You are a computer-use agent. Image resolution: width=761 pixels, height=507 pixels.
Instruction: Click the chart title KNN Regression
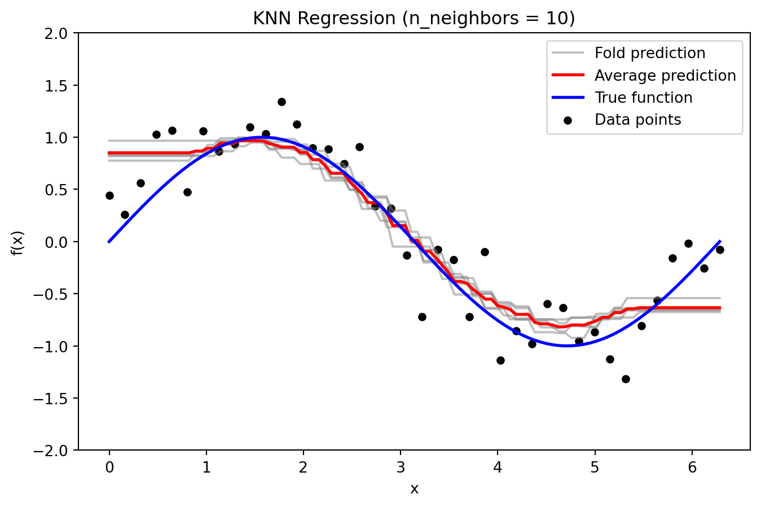click(x=414, y=19)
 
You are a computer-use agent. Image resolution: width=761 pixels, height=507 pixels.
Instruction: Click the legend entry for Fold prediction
click(x=649, y=53)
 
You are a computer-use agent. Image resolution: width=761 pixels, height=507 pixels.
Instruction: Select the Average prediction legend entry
click(x=665, y=76)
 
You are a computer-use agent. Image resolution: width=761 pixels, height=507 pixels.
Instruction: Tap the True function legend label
click(x=643, y=98)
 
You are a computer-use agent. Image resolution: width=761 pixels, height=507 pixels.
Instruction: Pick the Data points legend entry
click(x=637, y=120)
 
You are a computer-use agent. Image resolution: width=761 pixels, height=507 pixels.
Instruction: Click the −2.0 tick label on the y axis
click(x=54, y=451)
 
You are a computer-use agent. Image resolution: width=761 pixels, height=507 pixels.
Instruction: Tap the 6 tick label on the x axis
click(x=692, y=466)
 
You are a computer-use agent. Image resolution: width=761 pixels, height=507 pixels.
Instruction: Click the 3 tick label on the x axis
click(x=401, y=466)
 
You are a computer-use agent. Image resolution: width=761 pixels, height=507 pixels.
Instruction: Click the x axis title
click(x=414, y=489)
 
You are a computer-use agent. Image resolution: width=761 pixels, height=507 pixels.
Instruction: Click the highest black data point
click(x=281, y=102)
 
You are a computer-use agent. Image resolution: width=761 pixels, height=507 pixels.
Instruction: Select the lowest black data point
click(x=626, y=379)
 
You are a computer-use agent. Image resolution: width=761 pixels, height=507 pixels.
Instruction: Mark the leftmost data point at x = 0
click(x=109, y=195)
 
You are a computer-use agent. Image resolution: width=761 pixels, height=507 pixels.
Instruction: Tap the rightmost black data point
click(x=720, y=250)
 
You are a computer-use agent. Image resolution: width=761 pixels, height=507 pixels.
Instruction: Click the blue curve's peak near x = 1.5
click(x=262, y=137)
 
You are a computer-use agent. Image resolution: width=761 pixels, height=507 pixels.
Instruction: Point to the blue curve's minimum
click(x=567, y=346)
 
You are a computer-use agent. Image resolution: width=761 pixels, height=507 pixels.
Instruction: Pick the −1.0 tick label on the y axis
click(x=54, y=346)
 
